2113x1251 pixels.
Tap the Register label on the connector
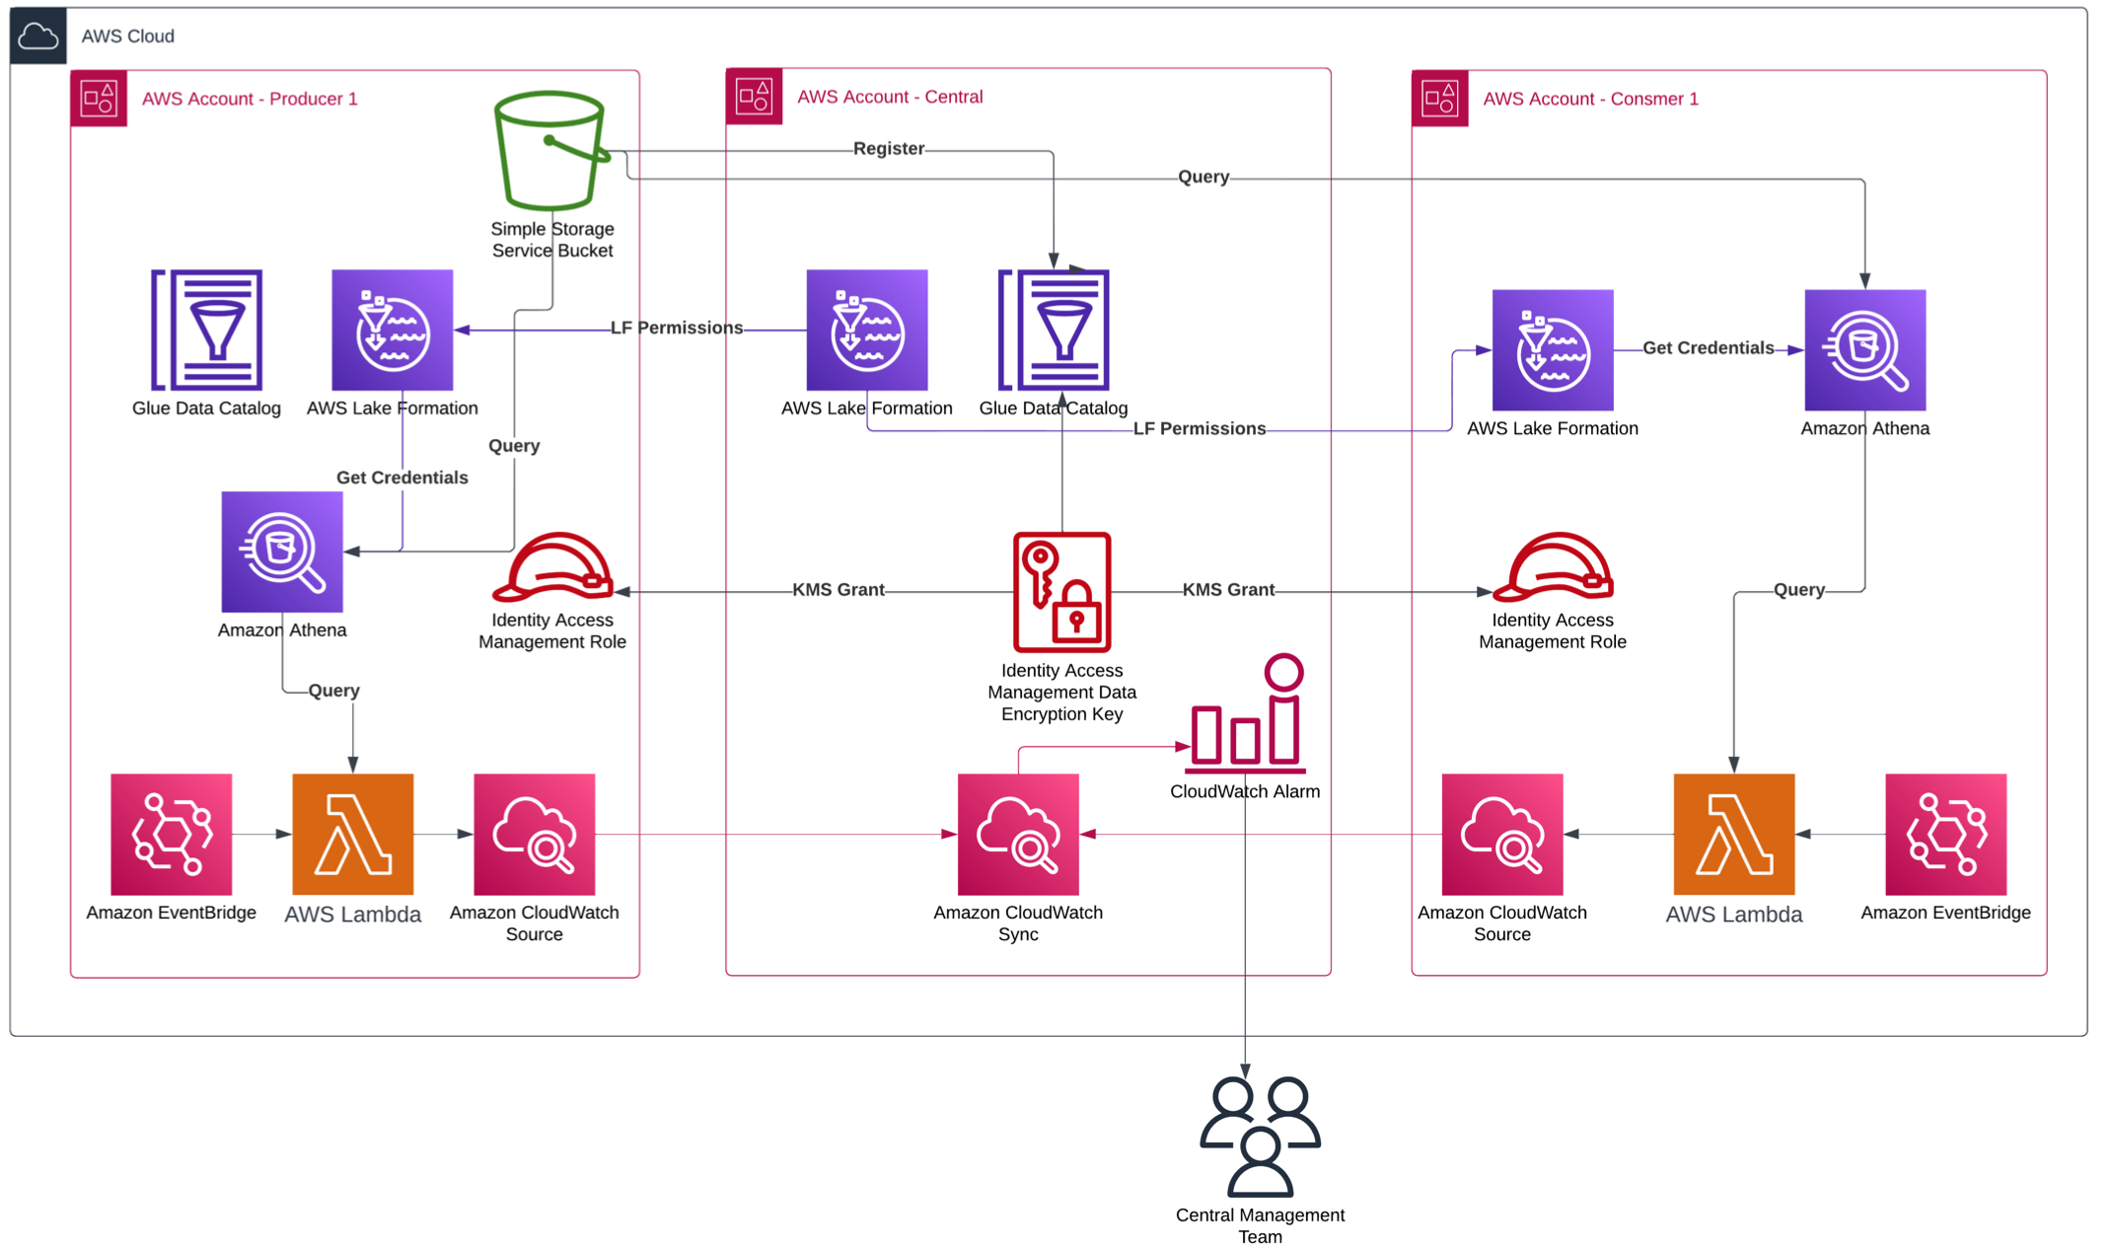[888, 149]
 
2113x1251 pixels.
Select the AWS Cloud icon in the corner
[38, 37]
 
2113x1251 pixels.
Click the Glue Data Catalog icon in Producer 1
[206, 330]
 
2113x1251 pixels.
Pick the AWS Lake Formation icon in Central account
[866, 330]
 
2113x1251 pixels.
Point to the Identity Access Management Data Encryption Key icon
[1061, 592]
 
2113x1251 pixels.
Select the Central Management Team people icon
[1260, 1136]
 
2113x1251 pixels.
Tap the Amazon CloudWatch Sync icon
[1018, 835]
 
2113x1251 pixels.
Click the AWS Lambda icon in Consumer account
[1733, 835]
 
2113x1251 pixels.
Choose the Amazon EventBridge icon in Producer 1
[172, 835]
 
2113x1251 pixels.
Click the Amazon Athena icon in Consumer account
[1864, 349]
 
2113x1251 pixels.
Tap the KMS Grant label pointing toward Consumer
[1227, 590]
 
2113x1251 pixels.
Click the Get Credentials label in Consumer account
[1708, 348]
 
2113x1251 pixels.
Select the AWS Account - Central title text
[889, 97]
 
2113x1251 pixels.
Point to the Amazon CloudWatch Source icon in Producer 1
[534, 835]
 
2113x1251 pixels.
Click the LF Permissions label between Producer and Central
[676, 328]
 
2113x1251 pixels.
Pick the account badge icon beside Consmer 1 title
[1439, 99]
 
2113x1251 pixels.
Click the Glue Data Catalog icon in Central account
[1054, 330]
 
